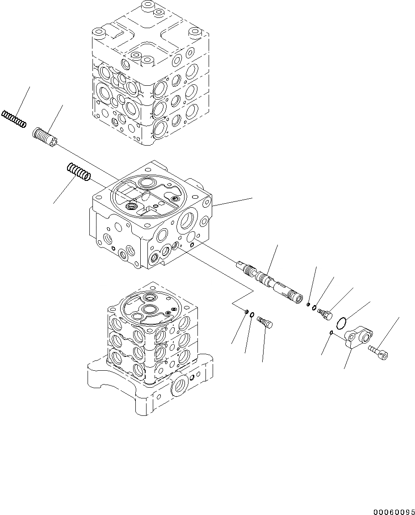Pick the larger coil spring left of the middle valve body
[x=79, y=172]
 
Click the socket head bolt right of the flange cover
[x=378, y=352]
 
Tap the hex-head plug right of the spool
[x=325, y=314]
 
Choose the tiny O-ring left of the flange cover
[x=331, y=332]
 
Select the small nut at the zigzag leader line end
[x=247, y=311]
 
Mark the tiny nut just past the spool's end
[x=309, y=305]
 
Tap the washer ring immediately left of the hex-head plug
[x=315, y=307]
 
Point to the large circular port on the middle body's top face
[x=146, y=183]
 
